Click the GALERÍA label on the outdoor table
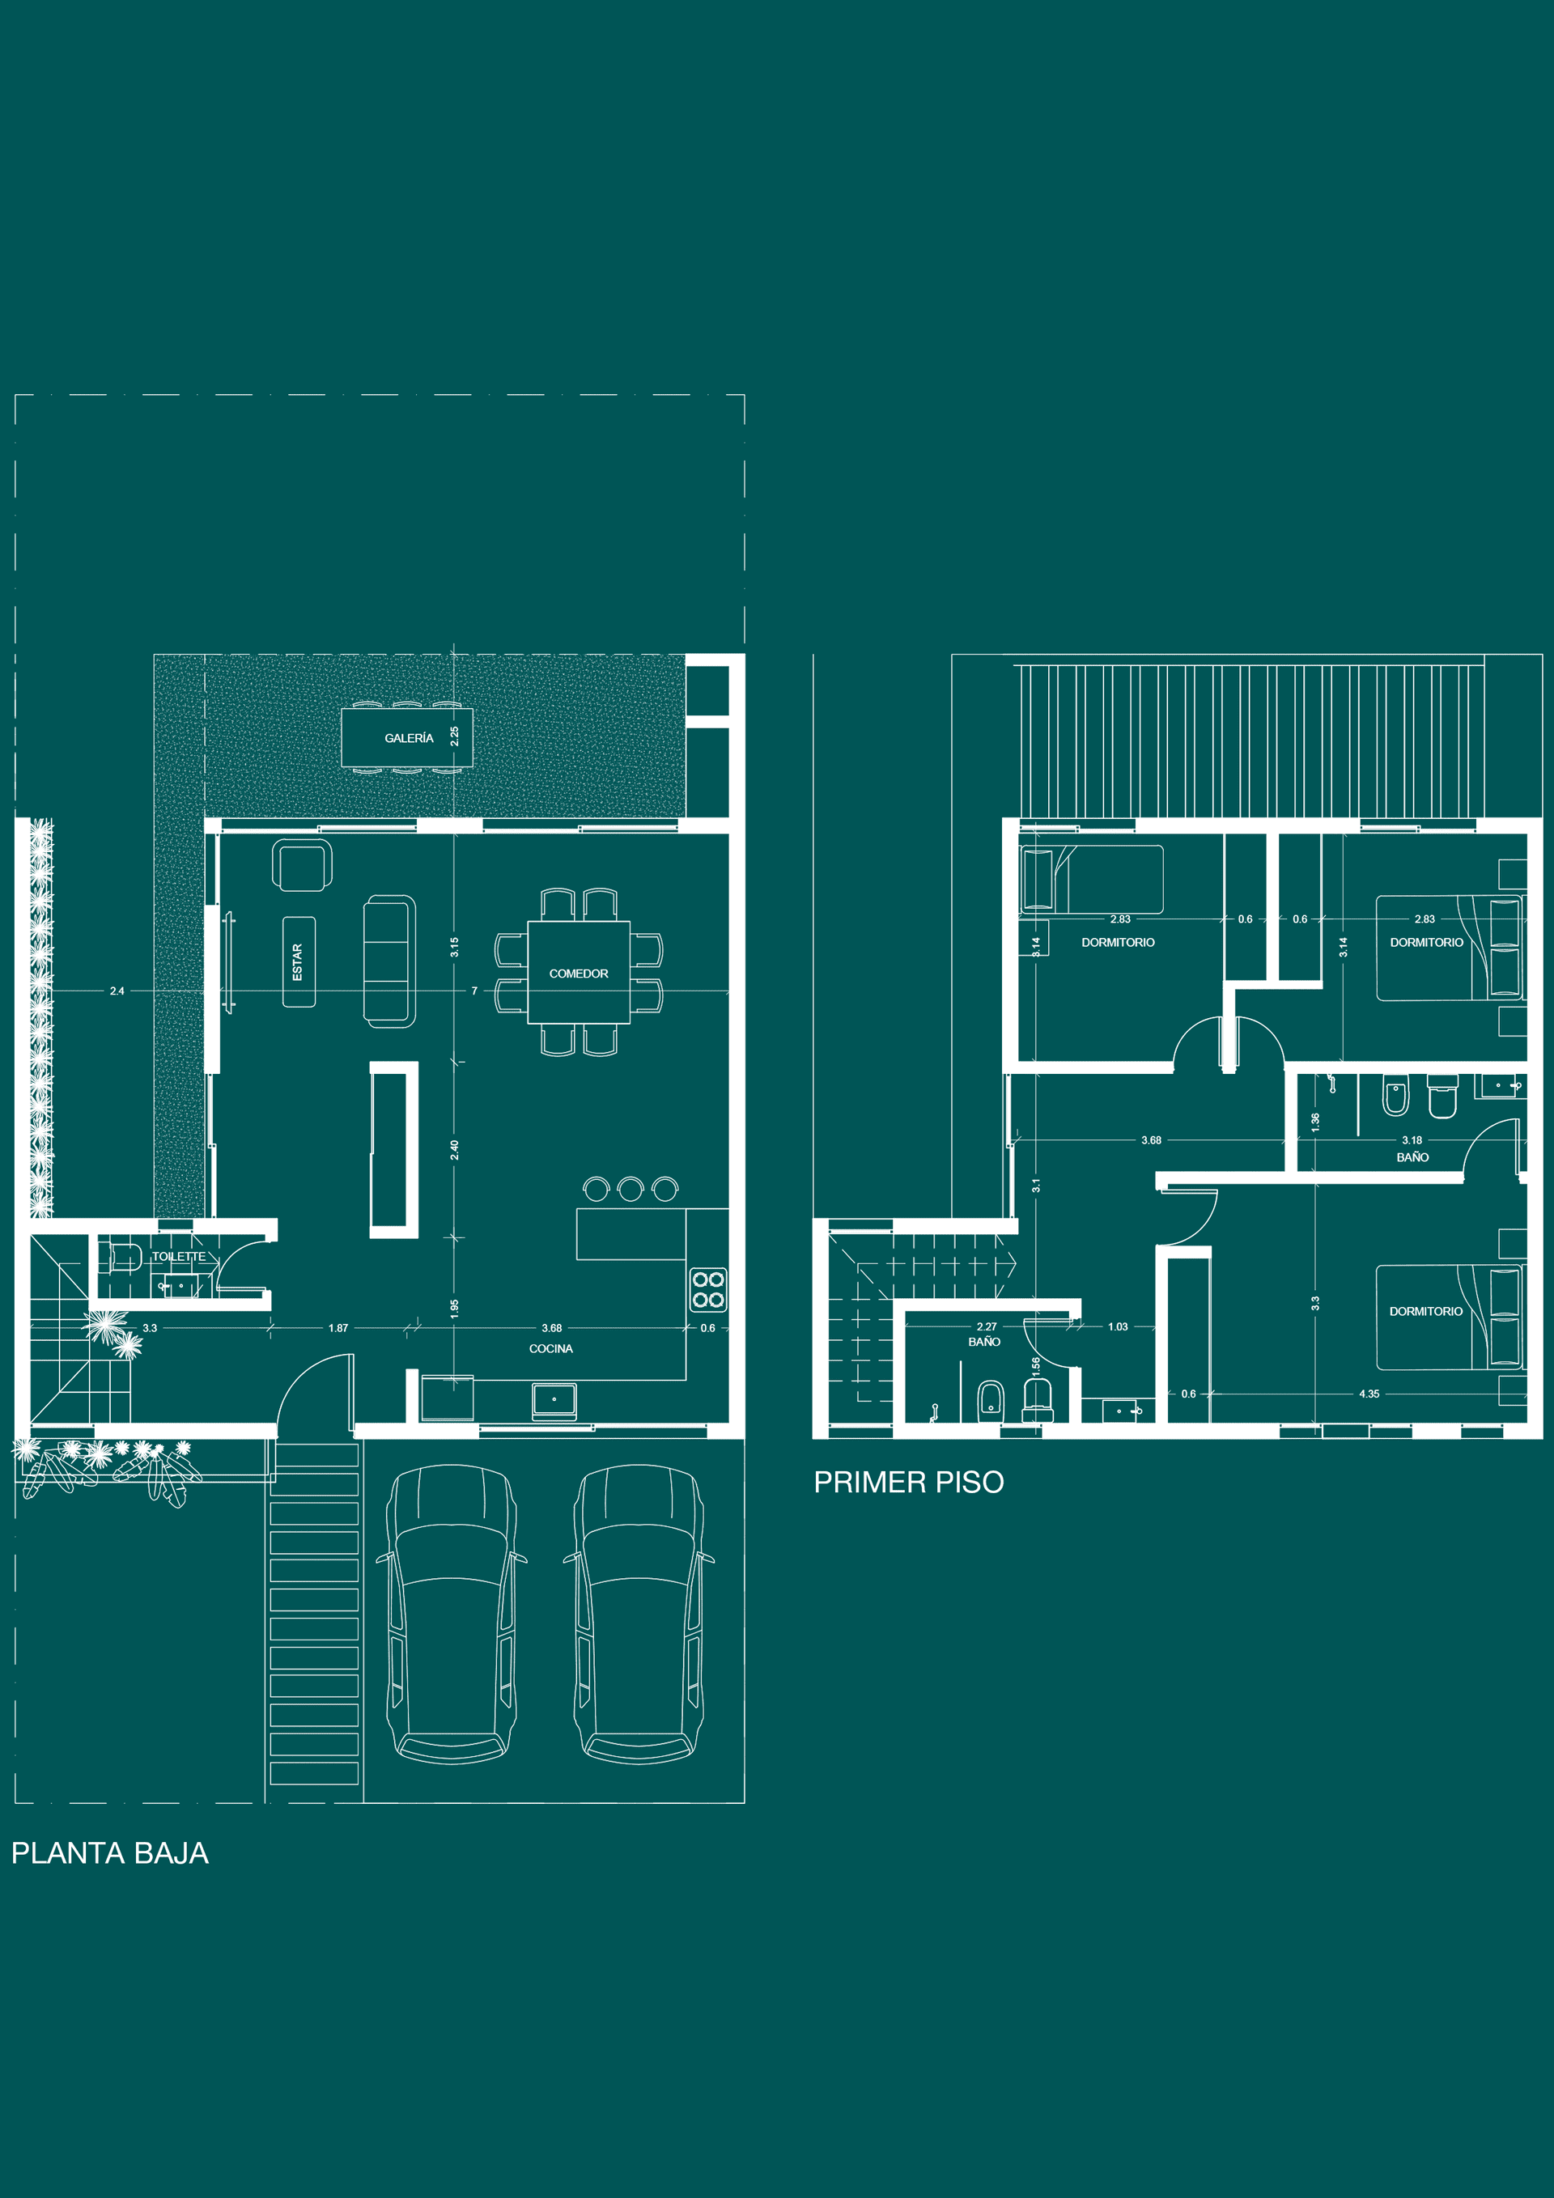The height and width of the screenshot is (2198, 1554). (409, 738)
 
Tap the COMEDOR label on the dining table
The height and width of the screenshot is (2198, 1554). (579, 974)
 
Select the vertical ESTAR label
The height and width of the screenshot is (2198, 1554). (298, 961)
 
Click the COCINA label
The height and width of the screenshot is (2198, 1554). (550, 1349)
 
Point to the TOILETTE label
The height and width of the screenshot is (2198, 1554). (179, 1256)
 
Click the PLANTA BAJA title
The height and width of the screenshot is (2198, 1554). (110, 1852)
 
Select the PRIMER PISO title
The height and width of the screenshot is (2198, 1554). (909, 1482)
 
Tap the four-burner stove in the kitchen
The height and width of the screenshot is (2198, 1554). (707, 1288)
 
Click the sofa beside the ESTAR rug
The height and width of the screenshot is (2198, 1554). (389, 961)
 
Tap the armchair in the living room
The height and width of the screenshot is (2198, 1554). (302, 864)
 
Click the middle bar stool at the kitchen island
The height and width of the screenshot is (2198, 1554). (630, 1189)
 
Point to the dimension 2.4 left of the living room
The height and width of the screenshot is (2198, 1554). (117, 991)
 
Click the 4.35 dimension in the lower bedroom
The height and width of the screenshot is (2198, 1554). (1369, 1394)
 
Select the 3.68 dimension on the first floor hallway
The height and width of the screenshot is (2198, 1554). (1151, 1140)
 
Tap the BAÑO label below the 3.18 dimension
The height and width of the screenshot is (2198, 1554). (1412, 1157)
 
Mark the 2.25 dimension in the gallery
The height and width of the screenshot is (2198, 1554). (455, 736)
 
